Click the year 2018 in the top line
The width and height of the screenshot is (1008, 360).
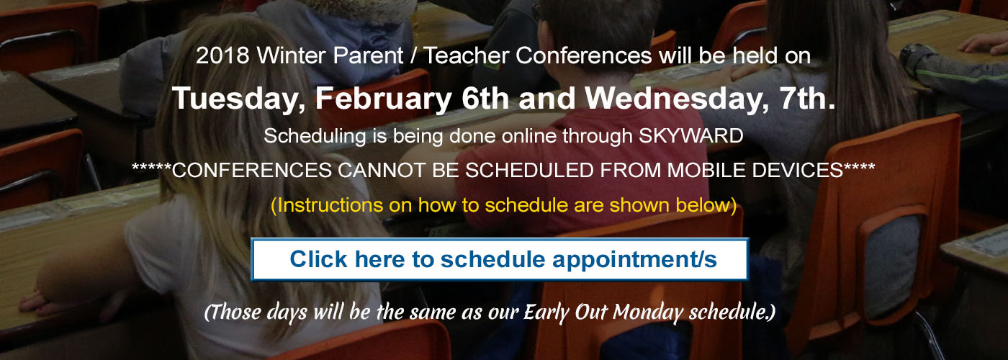222,56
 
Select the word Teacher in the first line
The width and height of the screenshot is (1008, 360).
467,56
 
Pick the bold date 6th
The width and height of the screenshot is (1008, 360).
485,98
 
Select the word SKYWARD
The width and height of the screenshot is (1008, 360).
690,136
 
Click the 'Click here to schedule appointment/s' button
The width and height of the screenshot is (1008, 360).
500,259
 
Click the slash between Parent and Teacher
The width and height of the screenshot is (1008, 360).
413,56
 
